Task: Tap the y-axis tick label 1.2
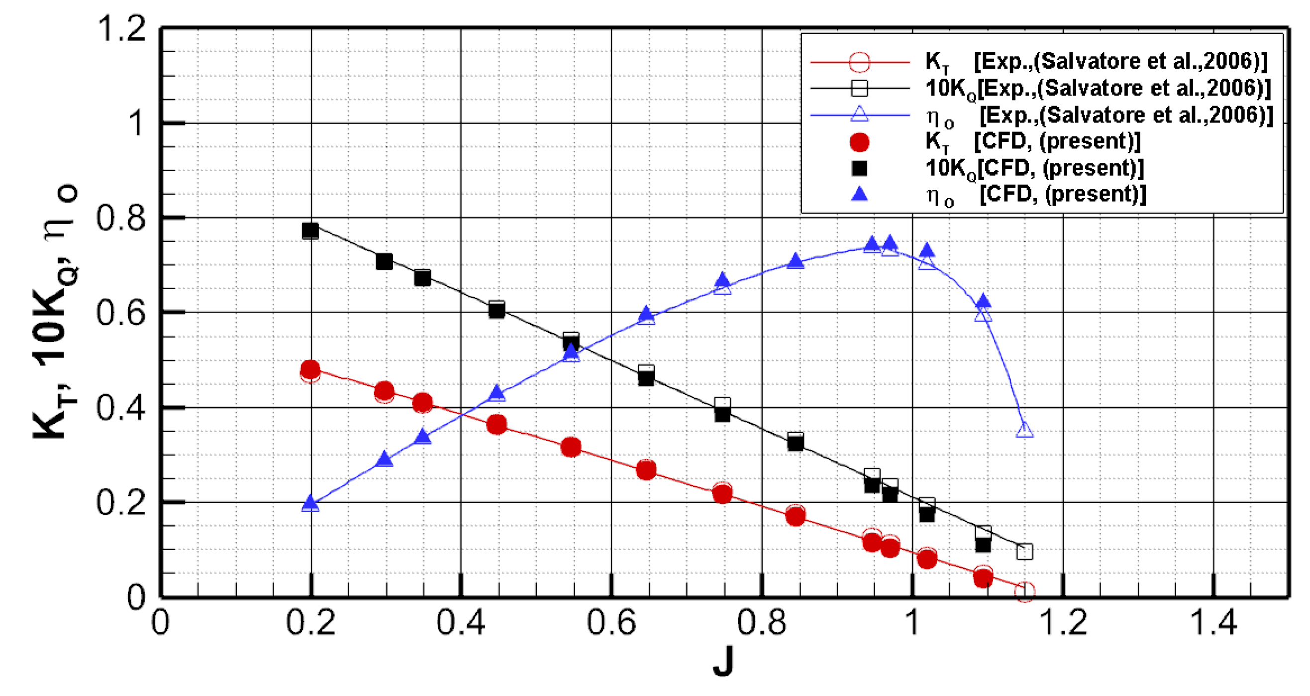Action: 121,28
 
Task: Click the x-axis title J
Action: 723,662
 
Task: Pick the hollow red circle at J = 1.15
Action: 1025,591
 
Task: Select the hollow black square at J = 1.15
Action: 1025,552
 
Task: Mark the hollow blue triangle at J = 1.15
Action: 1025,431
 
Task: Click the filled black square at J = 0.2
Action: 310,231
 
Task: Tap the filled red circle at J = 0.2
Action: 310,369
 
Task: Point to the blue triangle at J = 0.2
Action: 310,504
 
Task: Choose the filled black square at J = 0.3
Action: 385,261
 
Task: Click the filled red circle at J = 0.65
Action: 646,470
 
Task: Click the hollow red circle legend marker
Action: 859,62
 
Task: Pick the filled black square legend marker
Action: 859,168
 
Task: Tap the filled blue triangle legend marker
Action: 859,194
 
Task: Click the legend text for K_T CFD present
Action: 1032,141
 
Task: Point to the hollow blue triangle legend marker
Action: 859,115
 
